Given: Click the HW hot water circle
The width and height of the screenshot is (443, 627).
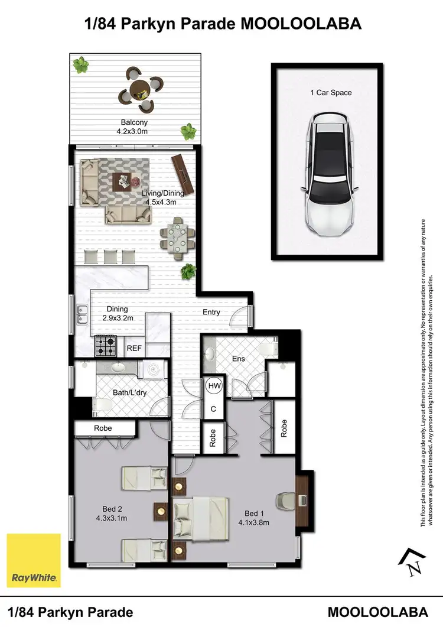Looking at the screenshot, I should [x=214, y=386].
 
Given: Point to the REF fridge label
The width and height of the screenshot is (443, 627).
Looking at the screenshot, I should [x=134, y=349].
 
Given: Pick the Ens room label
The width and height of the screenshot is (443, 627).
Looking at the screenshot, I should [x=238, y=359].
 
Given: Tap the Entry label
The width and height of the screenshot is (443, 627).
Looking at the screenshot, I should [x=211, y=312].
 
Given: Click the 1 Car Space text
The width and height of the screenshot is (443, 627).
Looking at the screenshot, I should [x=331, y=93].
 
